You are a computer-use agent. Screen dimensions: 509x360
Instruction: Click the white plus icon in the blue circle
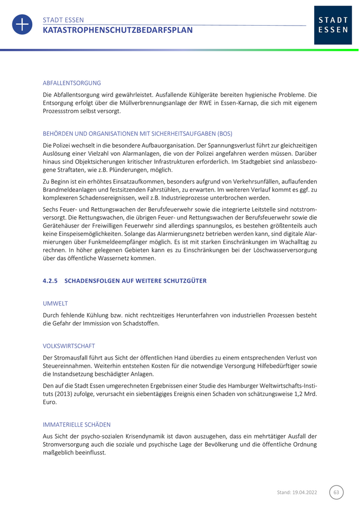tap(22, 25)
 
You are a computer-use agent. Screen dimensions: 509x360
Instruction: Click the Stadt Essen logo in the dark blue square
tap(333, 25)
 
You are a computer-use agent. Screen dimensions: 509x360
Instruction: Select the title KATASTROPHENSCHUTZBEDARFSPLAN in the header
tap(118, 30)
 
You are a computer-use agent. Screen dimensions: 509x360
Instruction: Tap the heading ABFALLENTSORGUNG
tap(71, 83)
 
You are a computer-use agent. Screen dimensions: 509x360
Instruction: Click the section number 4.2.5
tap(51, 280)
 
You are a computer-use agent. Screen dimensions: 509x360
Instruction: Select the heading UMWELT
tap(55, 304)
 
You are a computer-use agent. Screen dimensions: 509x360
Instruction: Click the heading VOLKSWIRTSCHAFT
tap(69, 346)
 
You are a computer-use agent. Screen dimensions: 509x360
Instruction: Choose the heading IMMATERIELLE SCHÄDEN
tap(77, 425)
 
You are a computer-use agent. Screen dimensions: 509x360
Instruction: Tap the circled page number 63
tap(336, 493)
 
